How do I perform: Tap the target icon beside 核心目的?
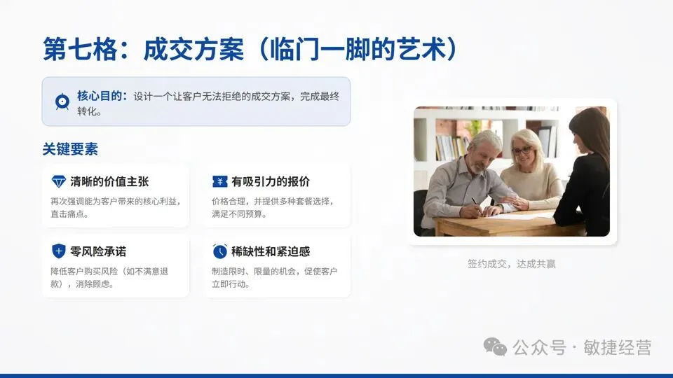coord(62,102)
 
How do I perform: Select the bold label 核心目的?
coord(102,96)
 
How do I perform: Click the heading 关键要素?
coord(70,149)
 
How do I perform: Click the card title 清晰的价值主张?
coord(109,181)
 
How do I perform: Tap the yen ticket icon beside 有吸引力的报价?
coord(219,181)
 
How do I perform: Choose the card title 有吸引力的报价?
coord(271,181)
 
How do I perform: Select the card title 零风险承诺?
coord(98,251)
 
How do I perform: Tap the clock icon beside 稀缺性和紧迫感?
coord(219,251)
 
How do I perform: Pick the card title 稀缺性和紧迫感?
coord(271,251)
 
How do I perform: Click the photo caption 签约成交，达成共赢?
coord(512,264)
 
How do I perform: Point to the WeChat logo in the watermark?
coord(496,346)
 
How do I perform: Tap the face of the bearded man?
coord(481,153)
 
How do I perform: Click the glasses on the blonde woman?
coord(521,150)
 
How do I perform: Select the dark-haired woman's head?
coord(587,133)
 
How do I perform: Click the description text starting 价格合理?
coord(273,208)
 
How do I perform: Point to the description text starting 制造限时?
coord(273,277)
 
